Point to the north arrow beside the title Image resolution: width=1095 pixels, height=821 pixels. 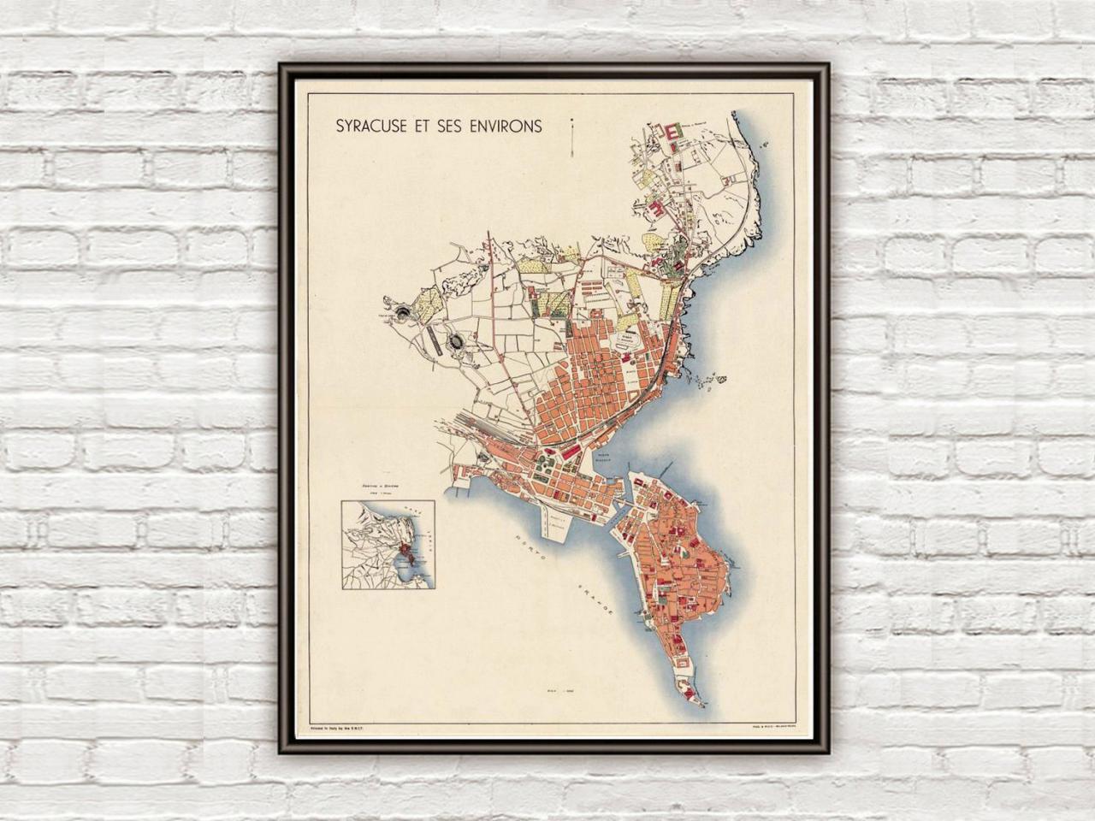(x=571, y=136)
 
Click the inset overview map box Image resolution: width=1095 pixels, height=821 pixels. (x=388, y=546)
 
